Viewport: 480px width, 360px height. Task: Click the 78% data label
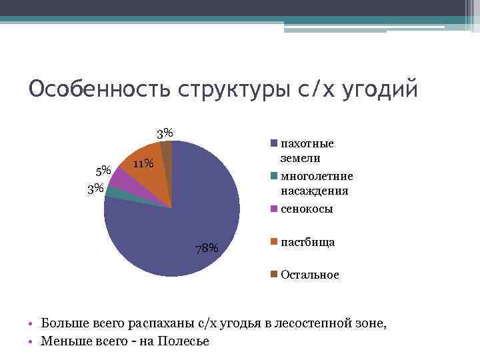coord(207,249)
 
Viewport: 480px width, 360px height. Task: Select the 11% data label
coord(143,164)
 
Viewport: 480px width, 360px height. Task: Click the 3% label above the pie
coord(165,133)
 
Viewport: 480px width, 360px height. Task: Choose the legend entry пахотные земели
coord(307,151)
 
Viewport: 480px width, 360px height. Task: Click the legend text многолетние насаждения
coord(317,183)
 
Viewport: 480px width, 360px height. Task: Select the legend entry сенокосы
coord(307,209)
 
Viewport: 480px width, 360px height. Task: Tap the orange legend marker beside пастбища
coord(273,242)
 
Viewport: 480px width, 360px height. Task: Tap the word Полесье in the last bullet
coord(184,341)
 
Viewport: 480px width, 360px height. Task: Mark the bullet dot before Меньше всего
coord(31,342)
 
